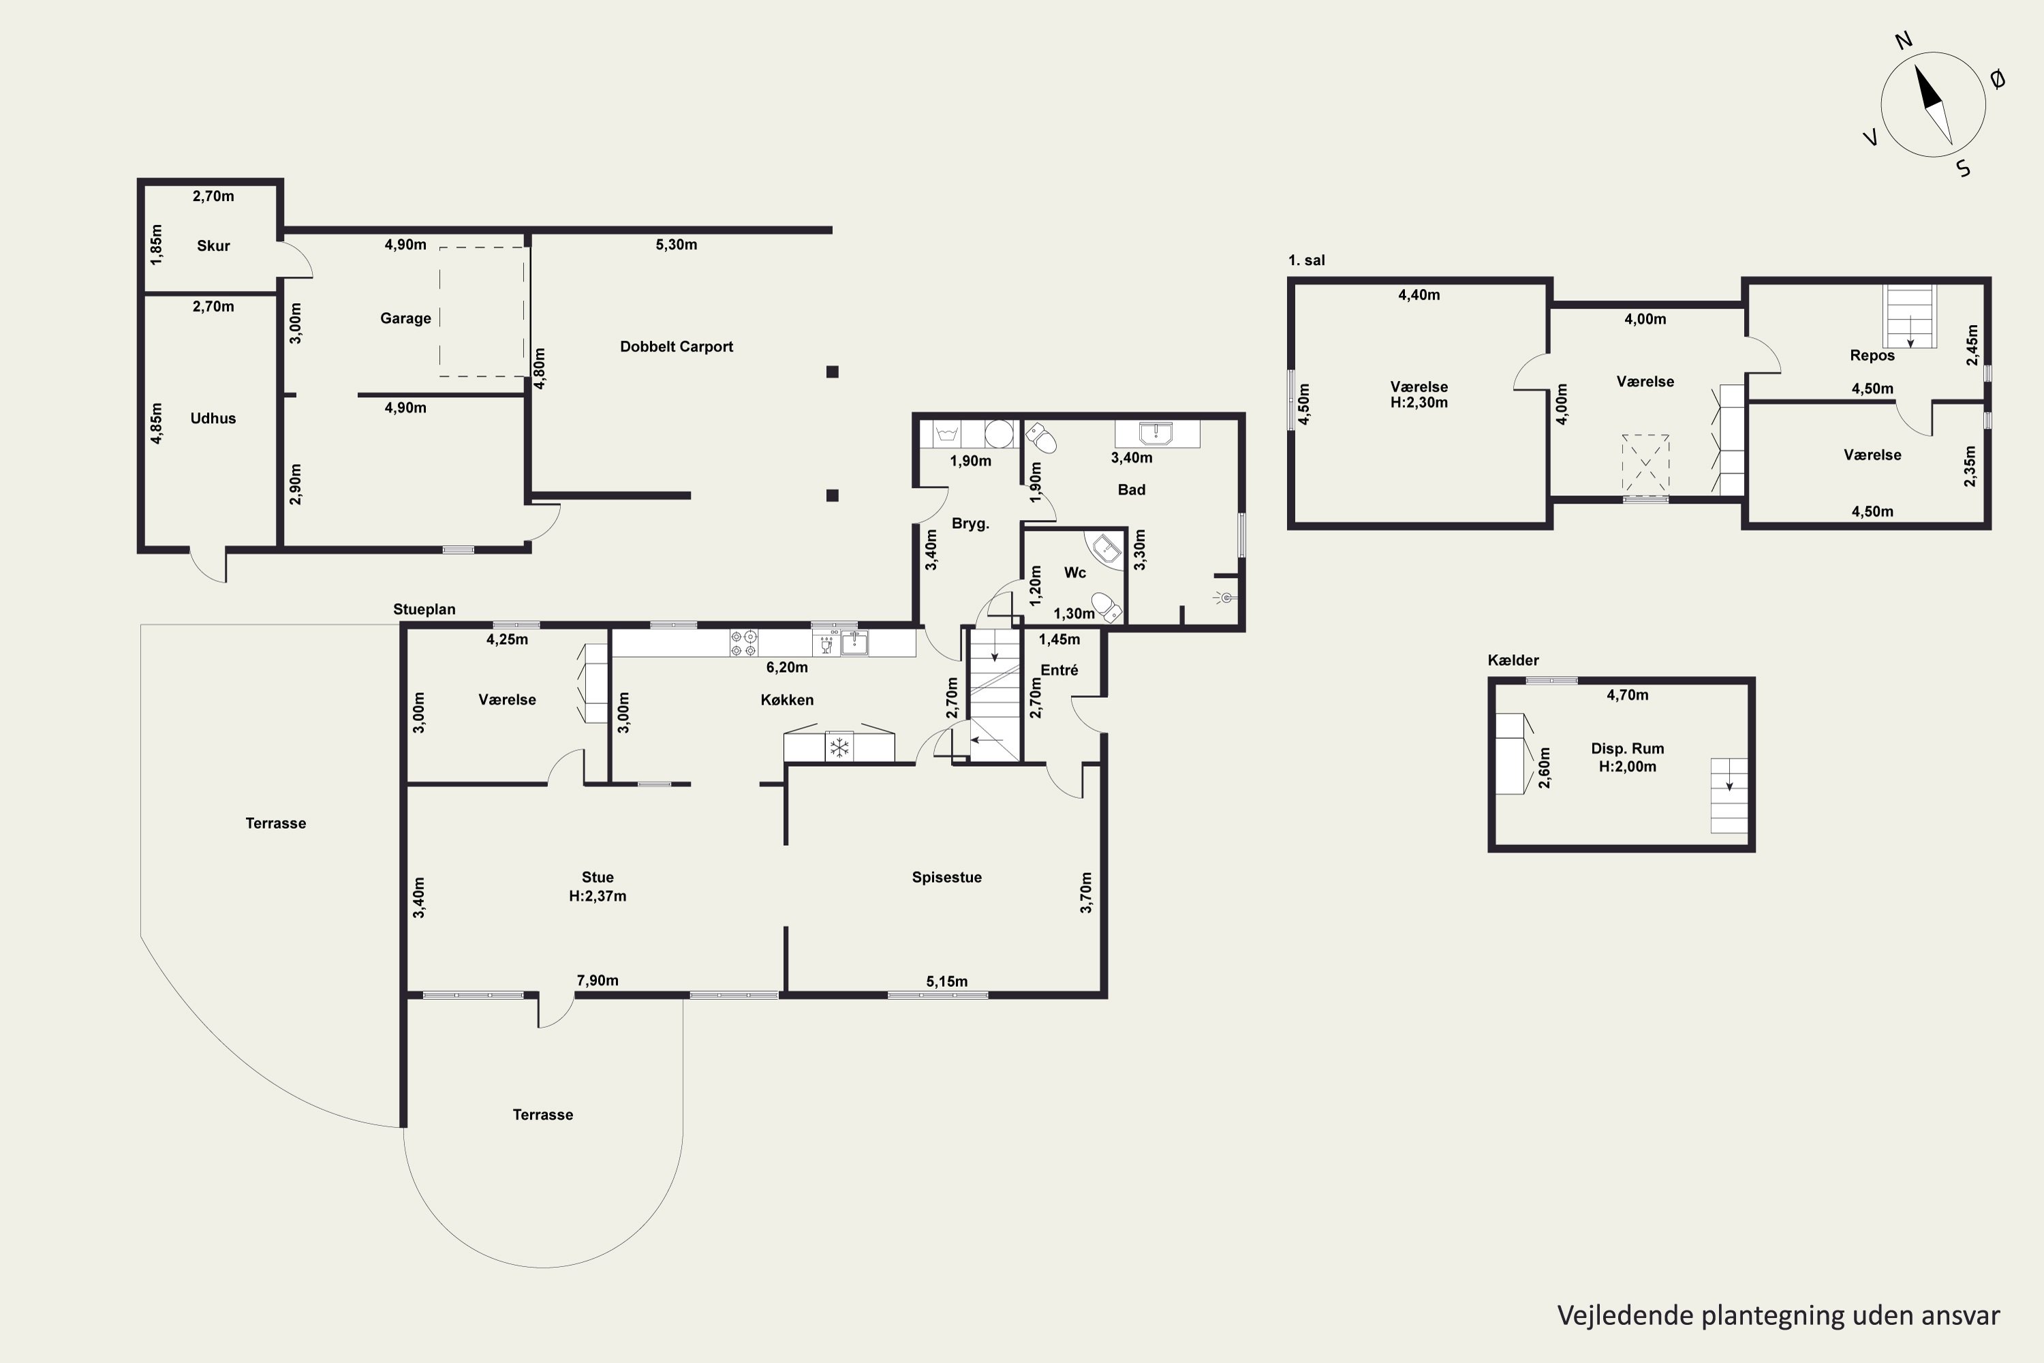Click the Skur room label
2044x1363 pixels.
tap(213, 246)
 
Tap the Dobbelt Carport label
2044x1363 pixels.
tap(676, 347)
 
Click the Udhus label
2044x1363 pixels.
tap(213, 418)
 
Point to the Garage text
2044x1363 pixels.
tap(405, 319)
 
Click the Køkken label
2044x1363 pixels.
tap(786, 700)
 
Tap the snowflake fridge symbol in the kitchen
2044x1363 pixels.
tap(839, 747)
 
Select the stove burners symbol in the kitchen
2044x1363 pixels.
tap(743, 643)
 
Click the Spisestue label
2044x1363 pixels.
tap(946, 878)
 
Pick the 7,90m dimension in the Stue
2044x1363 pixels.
tap(598, 981)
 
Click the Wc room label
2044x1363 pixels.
tap(1075, 573)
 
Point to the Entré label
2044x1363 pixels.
tap(1059, 670)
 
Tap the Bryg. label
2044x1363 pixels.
tap(971, 524)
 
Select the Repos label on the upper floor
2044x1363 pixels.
tap(1872, 356)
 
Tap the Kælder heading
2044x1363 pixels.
tap(1513, 660)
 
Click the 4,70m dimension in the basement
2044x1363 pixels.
tap(1627, 695)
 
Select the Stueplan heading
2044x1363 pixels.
tap(424, 610)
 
